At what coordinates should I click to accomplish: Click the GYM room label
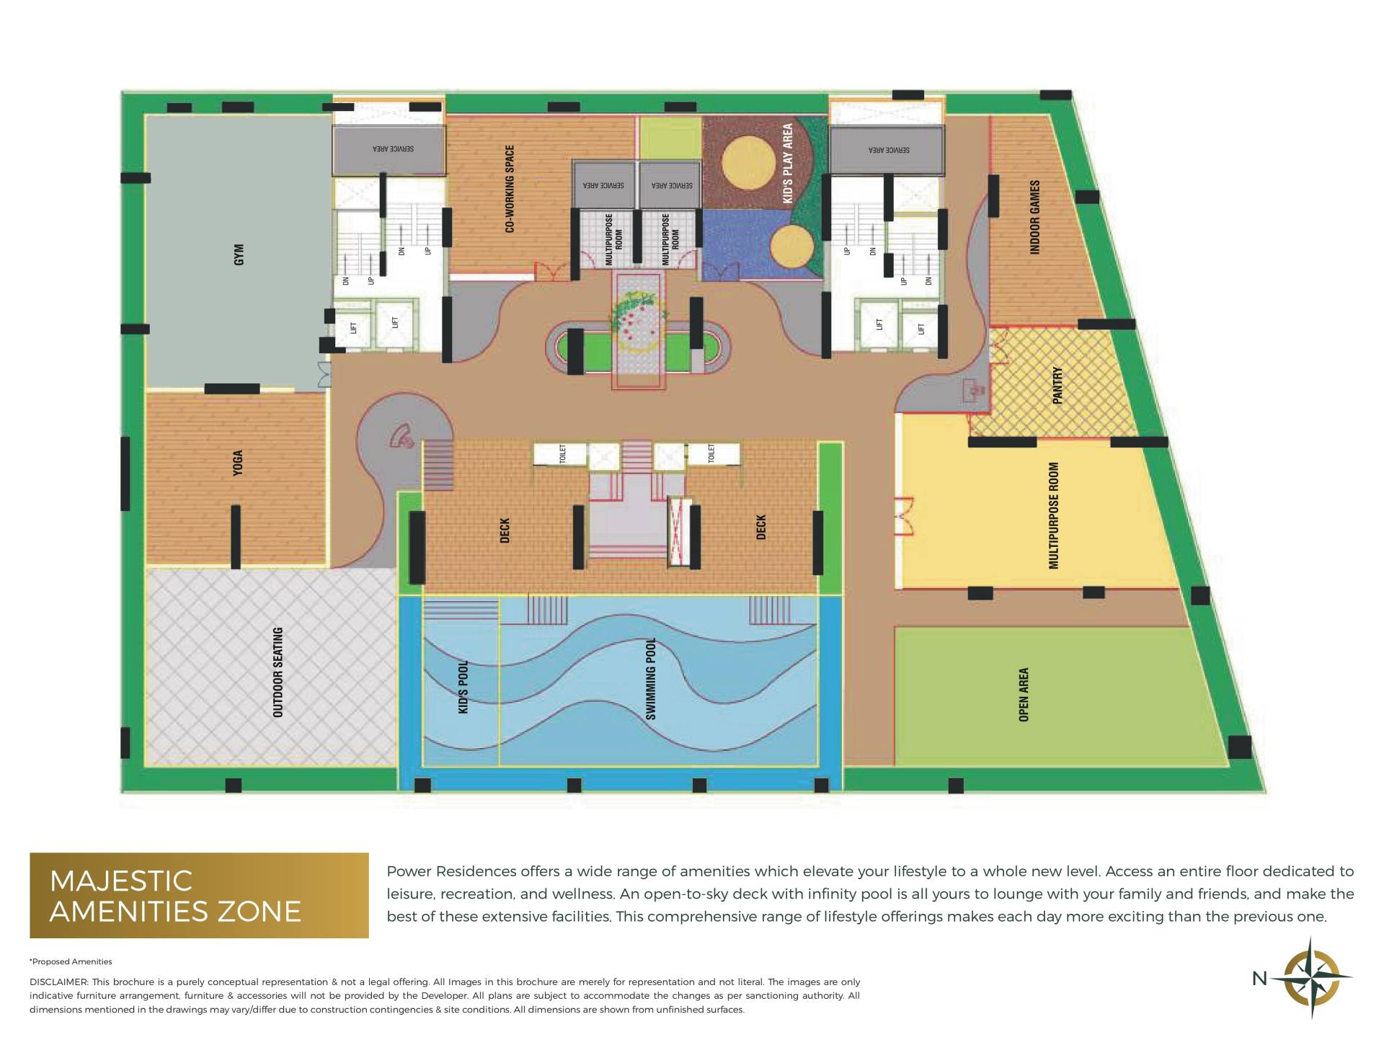click(x=239, y=254)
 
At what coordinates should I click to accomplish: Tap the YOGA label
click(x=238, y=463)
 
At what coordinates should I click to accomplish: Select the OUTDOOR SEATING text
click(x=278, y=672)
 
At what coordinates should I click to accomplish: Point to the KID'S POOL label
click(x=463, y=686)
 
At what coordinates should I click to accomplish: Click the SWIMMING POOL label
click(x=651, y=678)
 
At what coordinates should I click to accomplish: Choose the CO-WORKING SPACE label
click(x=510, y=189)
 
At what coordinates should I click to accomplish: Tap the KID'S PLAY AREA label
click(x=788, y=163)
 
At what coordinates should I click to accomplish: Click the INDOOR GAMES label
click(x=1035, y=217)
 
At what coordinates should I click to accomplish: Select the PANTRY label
click(x=1057, y=385)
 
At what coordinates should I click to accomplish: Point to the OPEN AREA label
click(x=1024, y=694)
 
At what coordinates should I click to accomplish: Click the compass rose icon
click(x=1311, y=978)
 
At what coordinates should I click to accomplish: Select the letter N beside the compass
click(x=1259, y=979)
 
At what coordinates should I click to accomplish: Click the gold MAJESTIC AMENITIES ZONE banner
click(x=199, y=895)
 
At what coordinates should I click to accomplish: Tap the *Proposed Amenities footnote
click(x=71, y=961)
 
